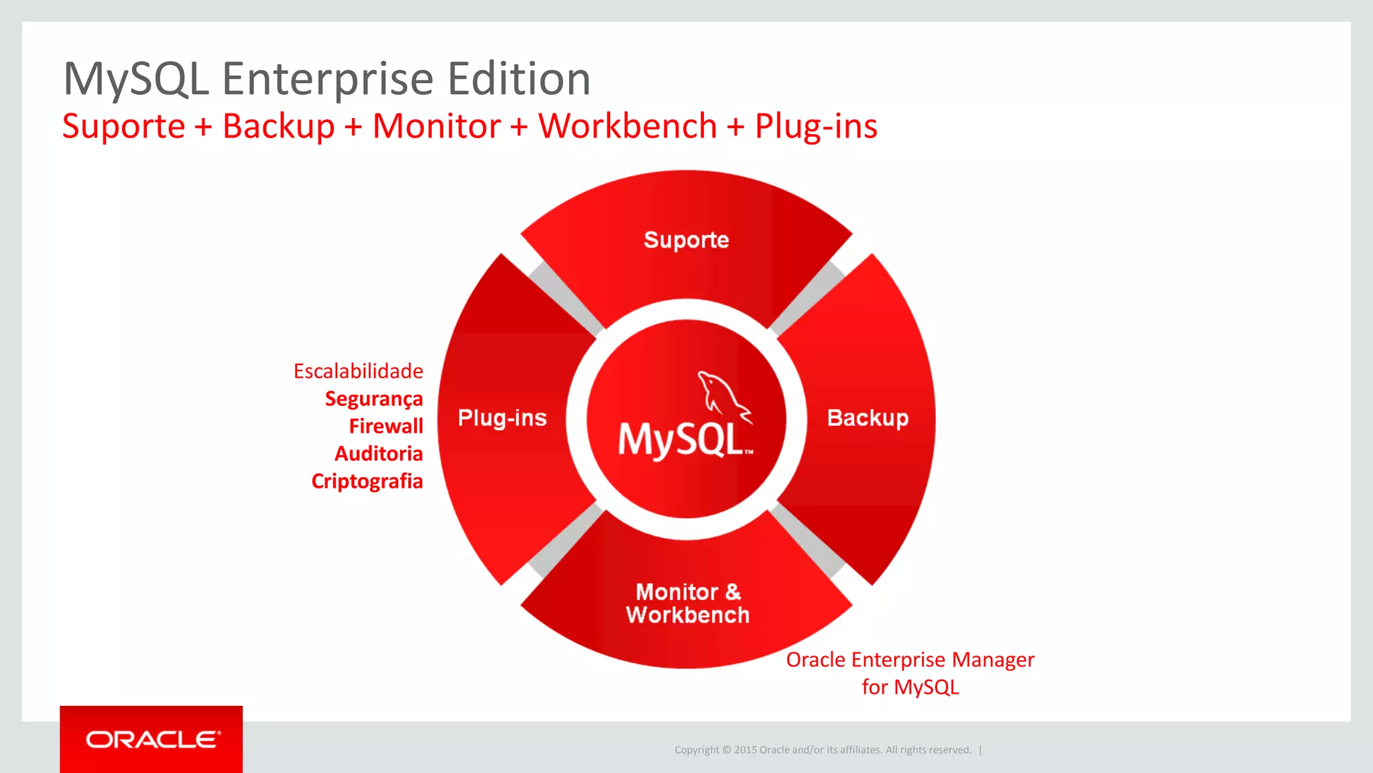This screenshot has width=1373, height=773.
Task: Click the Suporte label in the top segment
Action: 686,240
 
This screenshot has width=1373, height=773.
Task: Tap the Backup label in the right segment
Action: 867,417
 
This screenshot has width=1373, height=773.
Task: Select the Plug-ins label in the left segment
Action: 502,417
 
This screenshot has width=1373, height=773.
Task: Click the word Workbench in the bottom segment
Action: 687,615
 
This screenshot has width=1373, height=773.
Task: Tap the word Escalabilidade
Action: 358,371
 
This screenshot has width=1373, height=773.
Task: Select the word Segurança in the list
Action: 373,399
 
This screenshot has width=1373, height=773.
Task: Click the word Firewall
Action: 385,426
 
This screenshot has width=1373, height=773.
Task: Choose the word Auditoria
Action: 378,454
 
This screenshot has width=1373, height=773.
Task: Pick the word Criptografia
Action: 367,481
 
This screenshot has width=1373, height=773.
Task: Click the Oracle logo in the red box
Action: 152,739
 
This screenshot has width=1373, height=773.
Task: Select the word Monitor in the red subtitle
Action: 436,126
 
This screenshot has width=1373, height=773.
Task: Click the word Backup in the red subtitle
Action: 278,126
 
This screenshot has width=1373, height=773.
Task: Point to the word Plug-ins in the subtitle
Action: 815,126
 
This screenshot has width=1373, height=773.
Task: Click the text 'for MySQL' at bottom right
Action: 910,687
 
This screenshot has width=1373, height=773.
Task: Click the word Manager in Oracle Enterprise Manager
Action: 993,660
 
